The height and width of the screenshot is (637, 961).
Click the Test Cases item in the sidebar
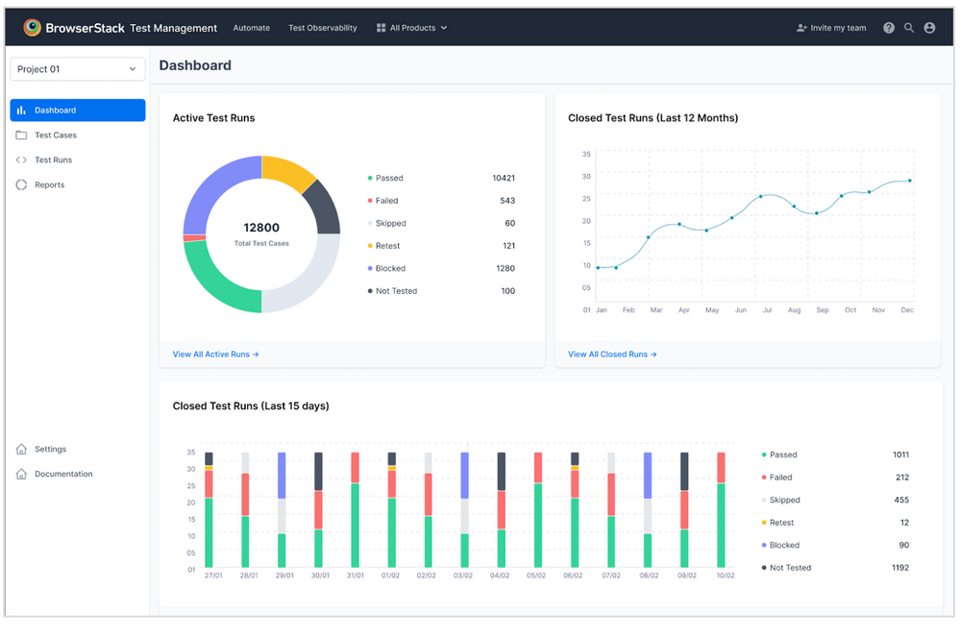click(x=55, y=135)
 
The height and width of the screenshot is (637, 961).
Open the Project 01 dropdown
click(x=77, y=69)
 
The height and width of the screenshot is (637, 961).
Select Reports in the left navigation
click(x=49, y=185)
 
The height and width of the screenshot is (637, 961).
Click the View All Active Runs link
click(x=215, y=355)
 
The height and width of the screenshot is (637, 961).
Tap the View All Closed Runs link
click(x=612, y=355)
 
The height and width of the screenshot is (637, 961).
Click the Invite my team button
click(x=831, y=28)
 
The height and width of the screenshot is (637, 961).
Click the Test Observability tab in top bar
click(x=322, y=28)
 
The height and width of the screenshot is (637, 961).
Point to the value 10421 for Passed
click(x=503, y=179)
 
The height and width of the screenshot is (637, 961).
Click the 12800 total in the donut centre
click(x=261, y=228)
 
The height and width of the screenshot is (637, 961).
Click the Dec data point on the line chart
click(x=909, y=181)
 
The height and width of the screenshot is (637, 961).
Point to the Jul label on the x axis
click(x=766, y=310)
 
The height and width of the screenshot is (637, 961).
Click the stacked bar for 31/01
click(x=355, y=509)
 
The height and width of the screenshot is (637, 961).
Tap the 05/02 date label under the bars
click(x=537, y=576)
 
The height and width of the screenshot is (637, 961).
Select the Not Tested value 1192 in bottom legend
click(x=899, y=568)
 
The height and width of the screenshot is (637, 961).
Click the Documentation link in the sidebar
click(x=63, y=475)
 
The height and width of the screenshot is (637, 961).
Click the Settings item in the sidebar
click(x=50, y=450)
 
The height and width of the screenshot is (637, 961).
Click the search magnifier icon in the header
click(x=909, y=28)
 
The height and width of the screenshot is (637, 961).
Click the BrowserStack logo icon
click(x=33, y=28)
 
